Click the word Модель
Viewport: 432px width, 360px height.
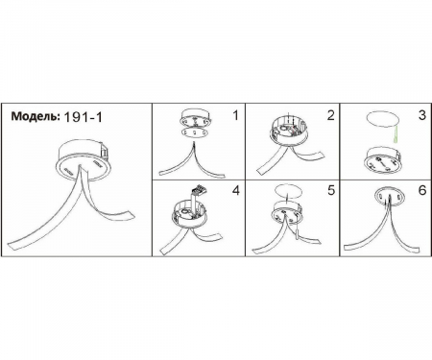(x=36, y=116)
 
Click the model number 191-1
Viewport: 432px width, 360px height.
(x=84, y=117)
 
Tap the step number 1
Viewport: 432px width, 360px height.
(x=236, y=115)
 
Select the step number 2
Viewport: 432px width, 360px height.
(x=330, y=115)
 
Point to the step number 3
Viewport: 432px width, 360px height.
(x=422, y=115)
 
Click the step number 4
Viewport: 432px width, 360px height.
(x=236, y=191)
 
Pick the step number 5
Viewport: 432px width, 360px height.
(x=331, y=190)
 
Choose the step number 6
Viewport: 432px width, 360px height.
(x=422, y=190)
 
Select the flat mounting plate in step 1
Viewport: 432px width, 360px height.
(x=196, y=132)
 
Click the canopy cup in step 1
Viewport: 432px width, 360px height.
(x=196, y=117)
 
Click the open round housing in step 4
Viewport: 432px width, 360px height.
(x=190, y=214)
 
